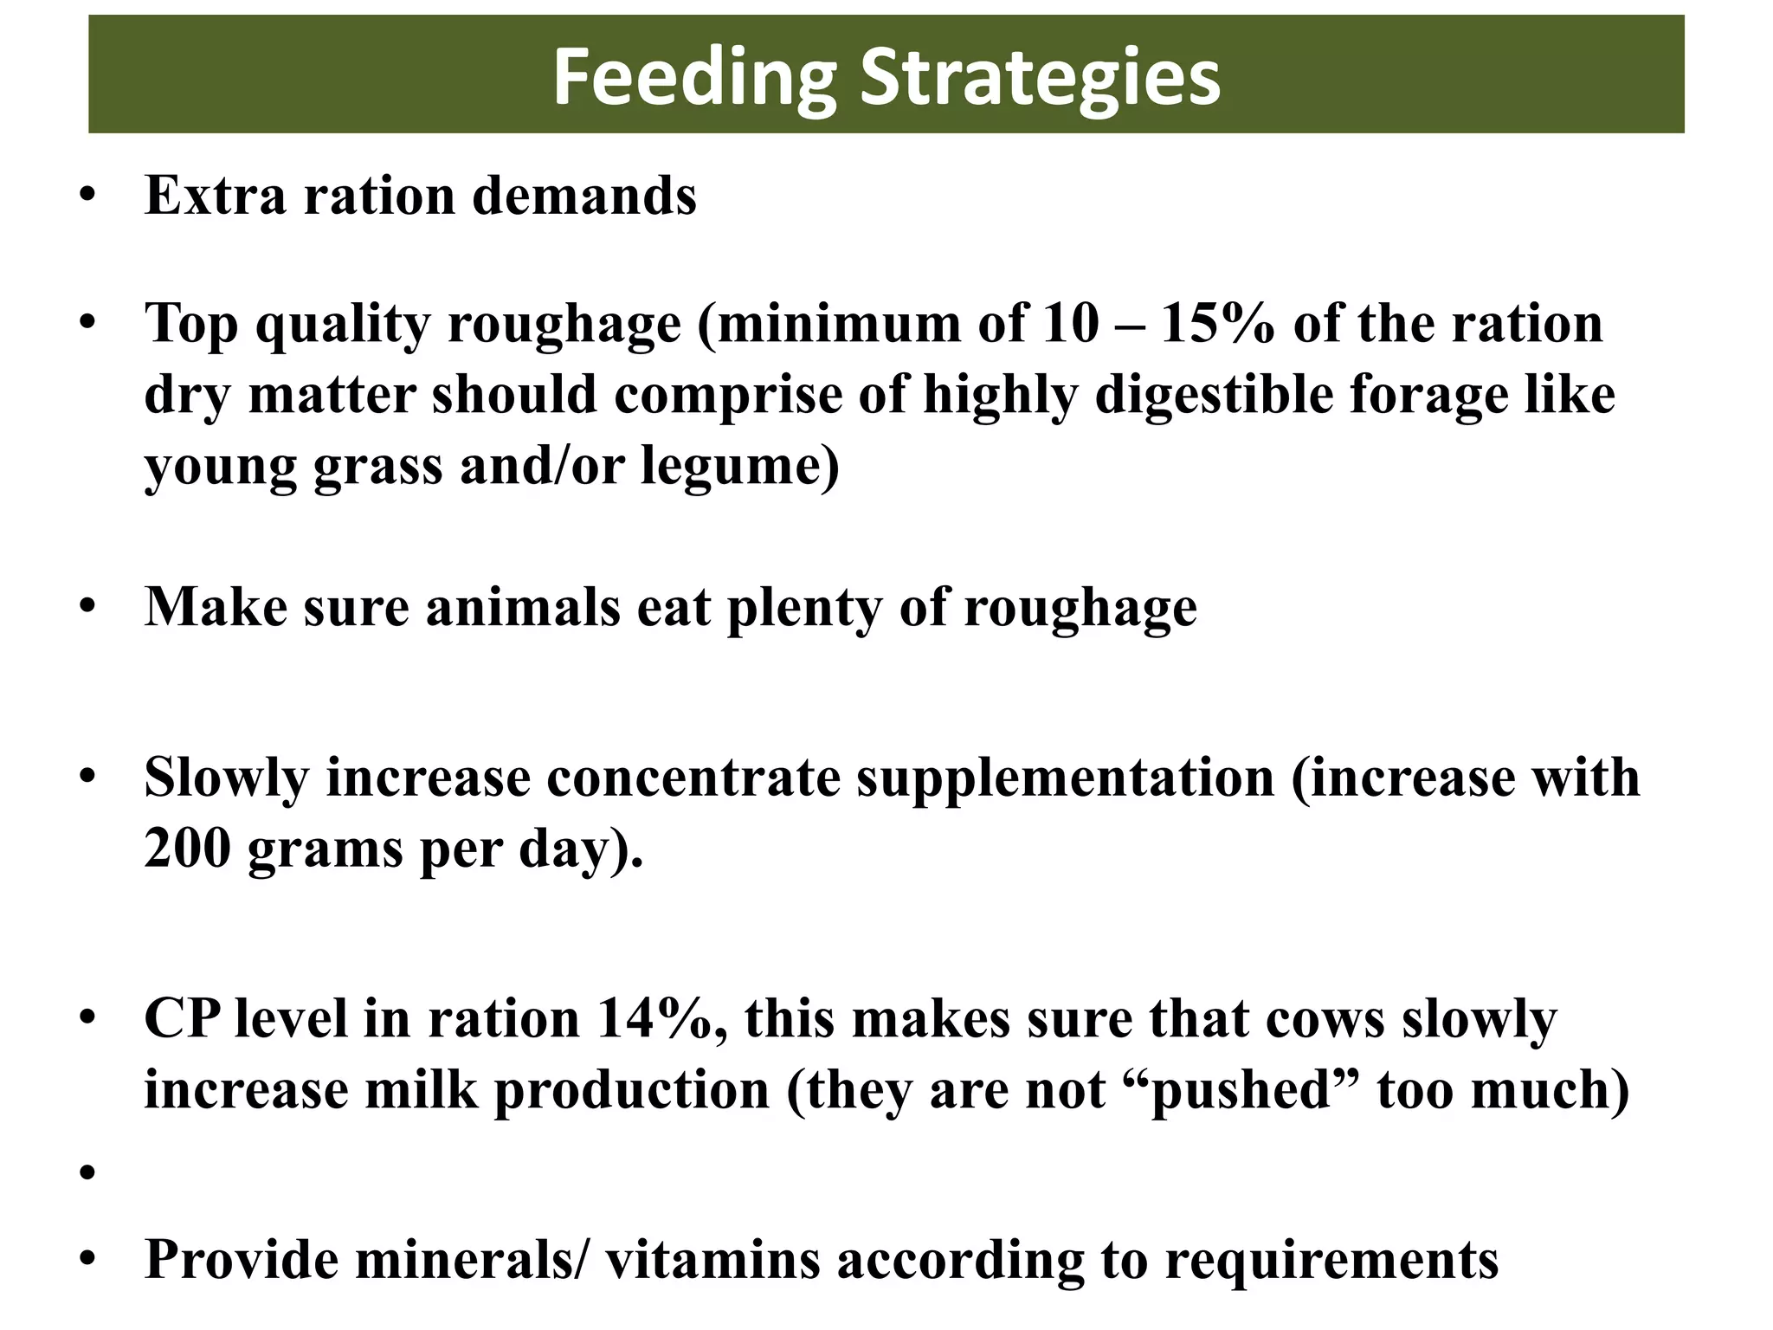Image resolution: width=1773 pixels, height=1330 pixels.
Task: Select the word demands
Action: [584, 196]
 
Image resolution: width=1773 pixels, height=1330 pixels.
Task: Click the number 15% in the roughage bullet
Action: [1217, 324]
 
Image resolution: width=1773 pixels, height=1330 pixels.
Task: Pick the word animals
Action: [523, 607]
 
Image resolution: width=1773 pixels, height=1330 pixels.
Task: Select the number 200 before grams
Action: [187, 848]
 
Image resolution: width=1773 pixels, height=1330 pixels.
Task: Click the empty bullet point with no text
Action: [87, 1173]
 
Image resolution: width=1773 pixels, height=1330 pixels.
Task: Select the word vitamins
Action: [712, 1260]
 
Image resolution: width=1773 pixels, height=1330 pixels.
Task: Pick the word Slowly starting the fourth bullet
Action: [226, 778]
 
